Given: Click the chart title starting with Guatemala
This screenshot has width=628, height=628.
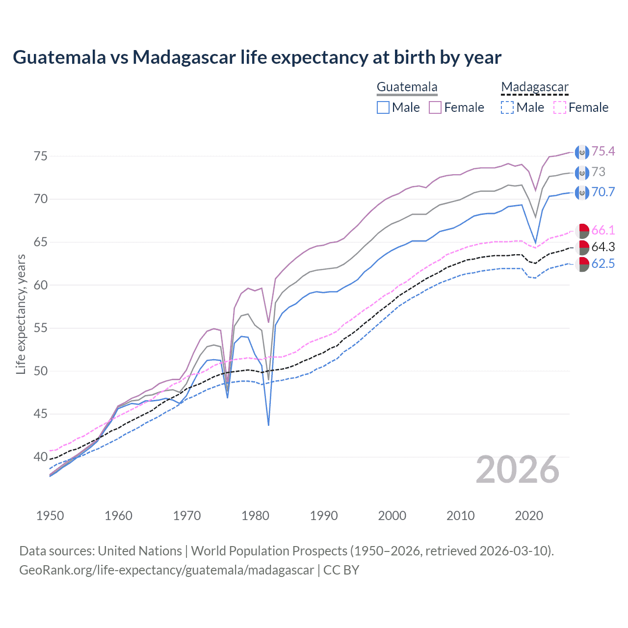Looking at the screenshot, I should [257, 57].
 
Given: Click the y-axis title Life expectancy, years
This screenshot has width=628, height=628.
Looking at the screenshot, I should [21, 314].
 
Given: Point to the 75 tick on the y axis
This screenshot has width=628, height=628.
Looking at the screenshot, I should [41, 156].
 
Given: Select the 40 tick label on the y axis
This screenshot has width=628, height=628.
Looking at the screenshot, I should [41, 457].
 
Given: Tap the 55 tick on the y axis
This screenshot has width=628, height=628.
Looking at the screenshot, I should [41, 328].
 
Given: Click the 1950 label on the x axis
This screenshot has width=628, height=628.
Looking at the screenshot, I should [50, 516].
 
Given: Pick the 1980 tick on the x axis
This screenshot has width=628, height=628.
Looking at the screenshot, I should [255, 516].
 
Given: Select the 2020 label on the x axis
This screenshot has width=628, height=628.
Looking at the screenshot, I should [529, 516].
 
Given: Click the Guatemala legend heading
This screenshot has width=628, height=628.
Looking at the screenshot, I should [407, 87].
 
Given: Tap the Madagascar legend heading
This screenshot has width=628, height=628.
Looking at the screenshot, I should [534, 87].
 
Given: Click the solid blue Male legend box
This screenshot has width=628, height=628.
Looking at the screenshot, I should [383, 107].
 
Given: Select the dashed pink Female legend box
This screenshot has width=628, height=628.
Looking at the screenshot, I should [560, 107].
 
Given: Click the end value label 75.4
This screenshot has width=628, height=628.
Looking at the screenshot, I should [603, 152].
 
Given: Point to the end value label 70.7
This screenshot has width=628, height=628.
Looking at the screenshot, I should [603, 192].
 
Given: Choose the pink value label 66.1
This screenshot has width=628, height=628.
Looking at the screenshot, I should [603, 230].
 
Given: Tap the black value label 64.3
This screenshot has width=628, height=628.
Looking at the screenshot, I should [603, 247].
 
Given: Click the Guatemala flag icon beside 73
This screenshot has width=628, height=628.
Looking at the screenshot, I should [582, 173].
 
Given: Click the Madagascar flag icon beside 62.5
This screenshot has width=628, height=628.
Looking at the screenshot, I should [582, 264].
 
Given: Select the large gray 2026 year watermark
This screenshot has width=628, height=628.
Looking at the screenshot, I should [517, 470].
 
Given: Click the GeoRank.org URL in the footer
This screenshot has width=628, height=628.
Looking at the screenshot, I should [166, 570].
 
